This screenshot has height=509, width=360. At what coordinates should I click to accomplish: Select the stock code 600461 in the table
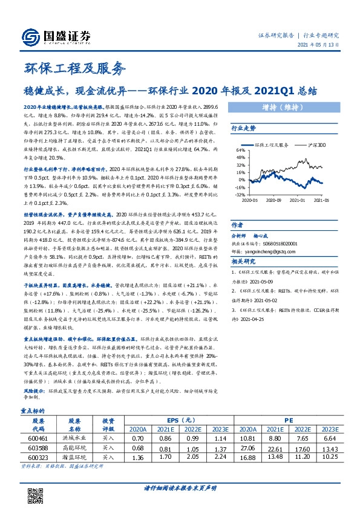coord(38,437)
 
